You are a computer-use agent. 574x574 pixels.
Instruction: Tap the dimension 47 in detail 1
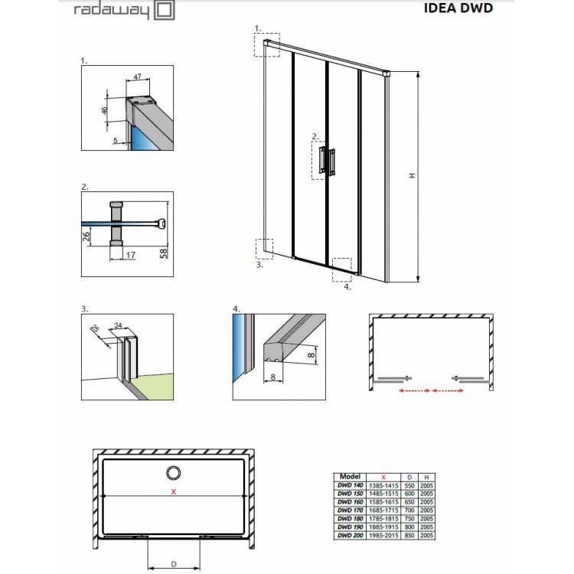[x=138, y=77]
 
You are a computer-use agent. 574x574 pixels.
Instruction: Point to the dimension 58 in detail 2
[x=162, y=253]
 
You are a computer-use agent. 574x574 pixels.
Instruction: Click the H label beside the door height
[x=411, y=176]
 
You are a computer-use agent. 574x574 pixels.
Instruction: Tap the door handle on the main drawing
[x=329, y=160]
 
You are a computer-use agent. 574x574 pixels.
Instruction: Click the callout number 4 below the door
[x=347, y=288]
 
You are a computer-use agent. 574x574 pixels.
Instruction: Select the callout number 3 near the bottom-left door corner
[x=259, y=265]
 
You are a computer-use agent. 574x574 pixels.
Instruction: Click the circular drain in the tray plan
[x=174, y=472]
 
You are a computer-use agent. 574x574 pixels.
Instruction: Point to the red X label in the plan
[x=174, y=491]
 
